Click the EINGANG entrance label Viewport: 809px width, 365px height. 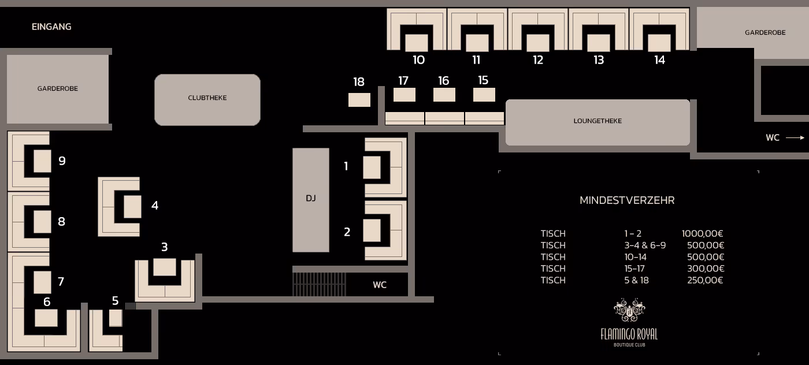point(51,27)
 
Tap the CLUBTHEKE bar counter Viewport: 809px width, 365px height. point(207,100)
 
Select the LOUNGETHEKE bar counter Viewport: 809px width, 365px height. point(598,122)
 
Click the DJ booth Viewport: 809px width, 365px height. point(311,200)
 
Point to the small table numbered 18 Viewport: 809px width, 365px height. point(359,100)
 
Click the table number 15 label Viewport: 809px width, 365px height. point(483,80)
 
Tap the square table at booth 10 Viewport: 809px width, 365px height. point(417,43)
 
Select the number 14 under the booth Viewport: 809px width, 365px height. point(659,60)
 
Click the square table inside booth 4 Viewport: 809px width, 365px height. point(132,207)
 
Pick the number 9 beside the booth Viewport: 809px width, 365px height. point(62,161)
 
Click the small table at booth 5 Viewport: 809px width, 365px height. point(116,318)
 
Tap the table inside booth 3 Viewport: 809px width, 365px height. point(165,267)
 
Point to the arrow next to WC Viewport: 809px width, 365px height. point(795,137)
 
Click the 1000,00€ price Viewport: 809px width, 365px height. point(702,233)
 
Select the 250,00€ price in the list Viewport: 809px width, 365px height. point(705,280)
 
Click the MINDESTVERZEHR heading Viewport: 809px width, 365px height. point(627,200)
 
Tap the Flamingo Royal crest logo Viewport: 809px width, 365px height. point(629,310)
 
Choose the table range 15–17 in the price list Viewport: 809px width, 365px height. point(635,269)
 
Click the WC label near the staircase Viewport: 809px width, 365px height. point(380,285)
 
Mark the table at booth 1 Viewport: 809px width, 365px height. point(372,167)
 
